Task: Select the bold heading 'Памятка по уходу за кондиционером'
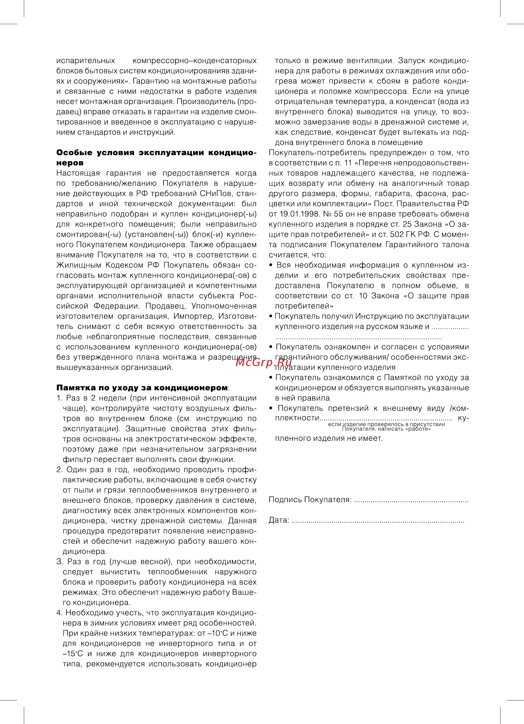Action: click(142, 388)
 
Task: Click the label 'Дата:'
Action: click(278, 520)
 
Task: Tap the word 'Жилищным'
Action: click(79, 265)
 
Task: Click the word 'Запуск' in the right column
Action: click(412, 61)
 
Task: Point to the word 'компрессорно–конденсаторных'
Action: click(195, 61)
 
